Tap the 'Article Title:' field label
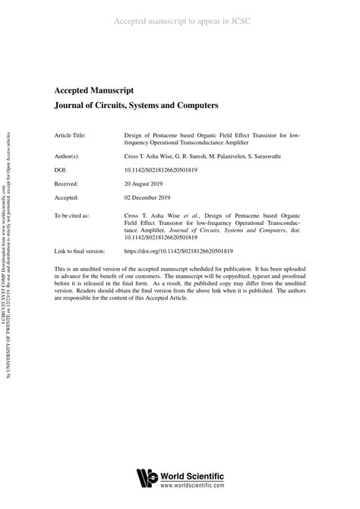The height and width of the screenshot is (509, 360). click(x=70, y=135)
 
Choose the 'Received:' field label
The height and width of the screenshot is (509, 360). click(x=66, y=183)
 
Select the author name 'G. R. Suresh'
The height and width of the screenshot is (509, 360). click(x=193, y=156)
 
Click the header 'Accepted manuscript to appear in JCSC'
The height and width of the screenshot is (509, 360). click(x=180, y=21)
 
